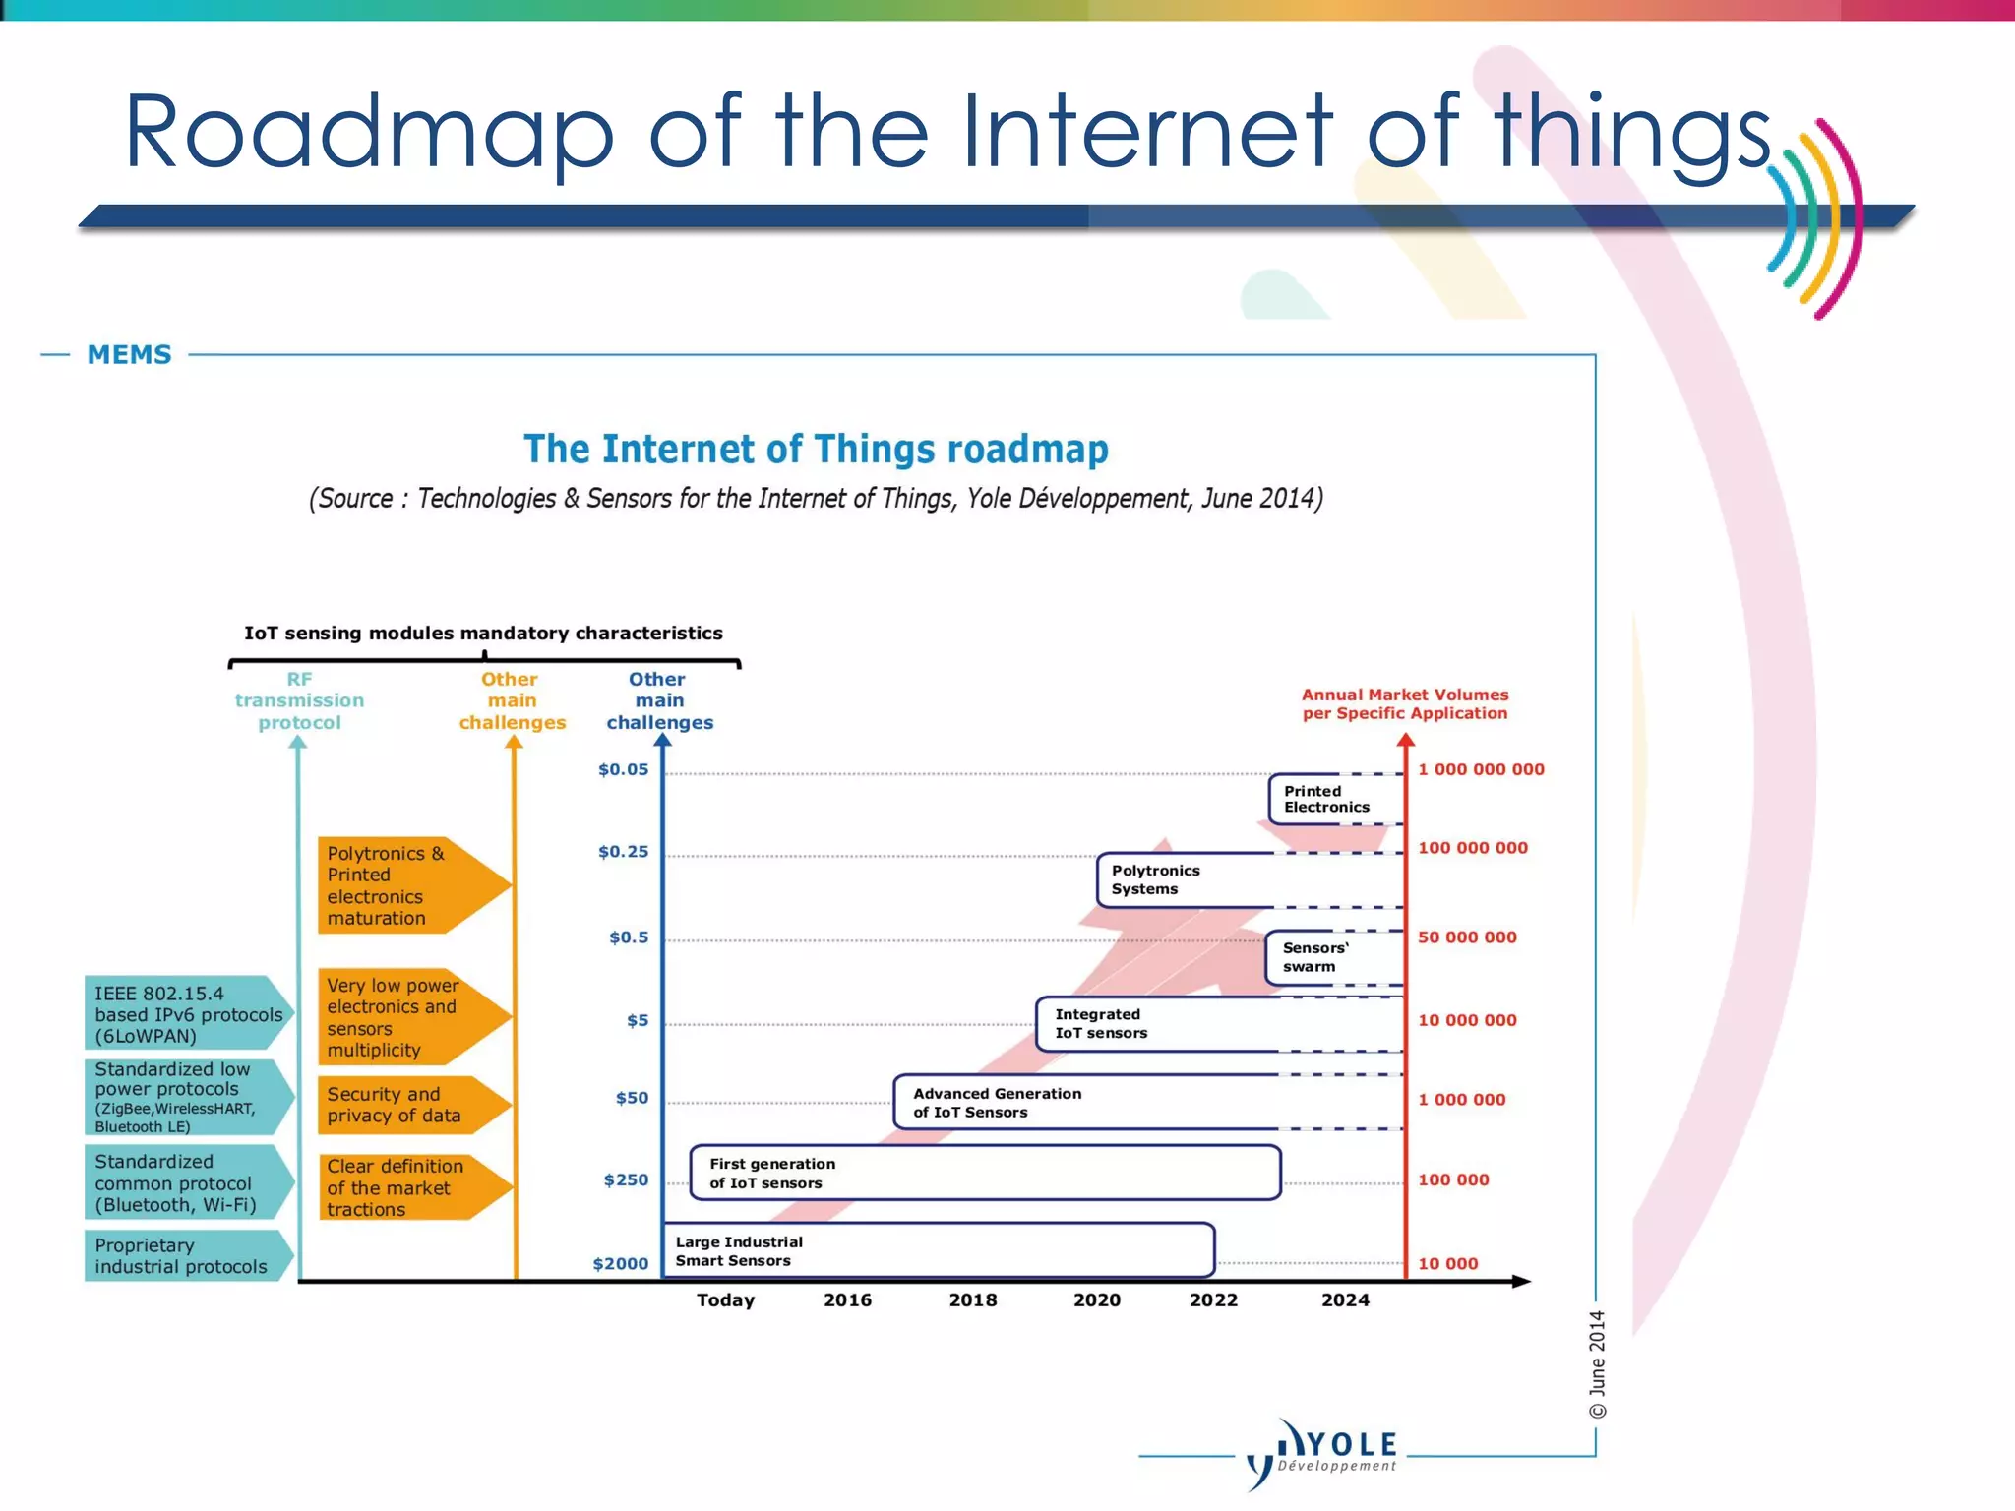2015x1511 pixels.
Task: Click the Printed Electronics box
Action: (1334, 799)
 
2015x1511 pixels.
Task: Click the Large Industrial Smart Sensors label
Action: (739, 1251)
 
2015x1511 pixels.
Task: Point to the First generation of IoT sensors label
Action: (772, 1174)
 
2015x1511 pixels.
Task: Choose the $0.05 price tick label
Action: (623, 769)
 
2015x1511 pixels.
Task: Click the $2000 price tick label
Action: (620, 1264)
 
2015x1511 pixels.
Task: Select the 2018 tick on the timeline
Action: (972, 1300)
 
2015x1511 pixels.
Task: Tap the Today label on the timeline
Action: (725, 1300)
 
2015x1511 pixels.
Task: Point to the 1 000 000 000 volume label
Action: (1480, 769)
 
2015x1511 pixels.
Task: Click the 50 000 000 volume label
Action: (1466, 937)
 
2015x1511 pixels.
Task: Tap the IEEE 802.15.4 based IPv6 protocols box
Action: (187, 1014)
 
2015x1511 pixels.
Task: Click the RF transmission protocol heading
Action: (299, 700)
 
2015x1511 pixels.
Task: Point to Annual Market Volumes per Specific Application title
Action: (1404, 704)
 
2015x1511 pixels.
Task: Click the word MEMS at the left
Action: (129, 354)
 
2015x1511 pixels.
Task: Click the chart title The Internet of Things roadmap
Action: (816, 450)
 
